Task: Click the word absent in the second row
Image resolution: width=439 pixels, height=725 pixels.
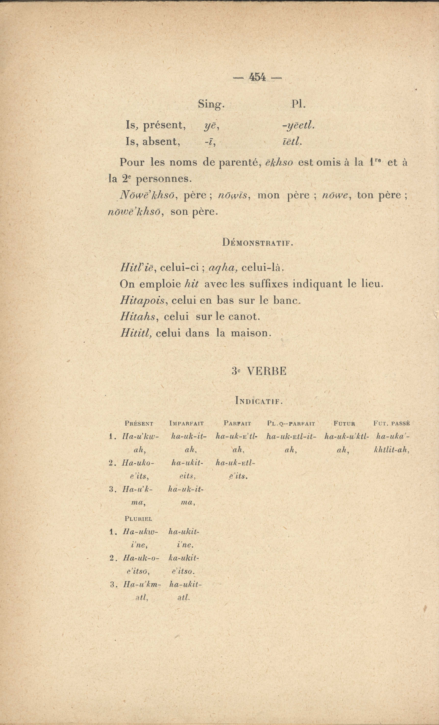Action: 161,142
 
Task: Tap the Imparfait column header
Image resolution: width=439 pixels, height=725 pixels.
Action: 187,424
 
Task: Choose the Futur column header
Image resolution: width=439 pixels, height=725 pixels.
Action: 344,424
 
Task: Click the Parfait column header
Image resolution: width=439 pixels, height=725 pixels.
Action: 237,424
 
